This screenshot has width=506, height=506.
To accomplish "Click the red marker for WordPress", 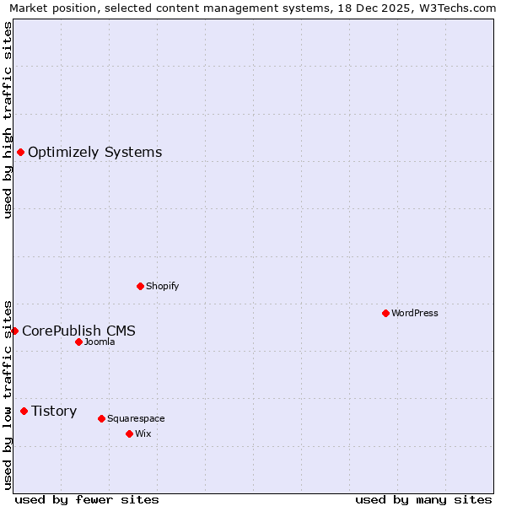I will point(385,313).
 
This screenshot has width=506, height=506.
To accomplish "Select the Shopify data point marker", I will point(140,286).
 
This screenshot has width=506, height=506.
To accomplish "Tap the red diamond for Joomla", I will point(78,342).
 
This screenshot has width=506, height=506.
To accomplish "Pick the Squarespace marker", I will point(101,418).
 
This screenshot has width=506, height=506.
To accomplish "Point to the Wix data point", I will point(129,433).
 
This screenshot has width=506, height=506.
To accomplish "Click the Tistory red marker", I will point(24,411).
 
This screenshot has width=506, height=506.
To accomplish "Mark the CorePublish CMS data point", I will point(14,331).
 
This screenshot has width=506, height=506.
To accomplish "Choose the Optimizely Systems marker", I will point(20,152).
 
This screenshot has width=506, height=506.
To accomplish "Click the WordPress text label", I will point(415,313).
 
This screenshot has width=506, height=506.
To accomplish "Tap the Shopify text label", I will point(163,286).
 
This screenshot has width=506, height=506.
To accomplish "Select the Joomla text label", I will point(100,342).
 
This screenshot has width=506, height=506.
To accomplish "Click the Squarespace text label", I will point(136,418).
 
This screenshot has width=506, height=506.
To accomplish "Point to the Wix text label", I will point(143,433).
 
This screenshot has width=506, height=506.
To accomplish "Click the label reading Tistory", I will point(54,411).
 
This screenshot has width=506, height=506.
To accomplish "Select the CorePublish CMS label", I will point(78,331).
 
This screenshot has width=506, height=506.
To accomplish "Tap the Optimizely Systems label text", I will point(94,152).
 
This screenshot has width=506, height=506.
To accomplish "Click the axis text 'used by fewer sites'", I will point(87,499).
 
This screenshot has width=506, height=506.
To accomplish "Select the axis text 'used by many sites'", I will point(423,499).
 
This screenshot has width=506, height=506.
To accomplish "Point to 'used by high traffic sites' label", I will point(8,120).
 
